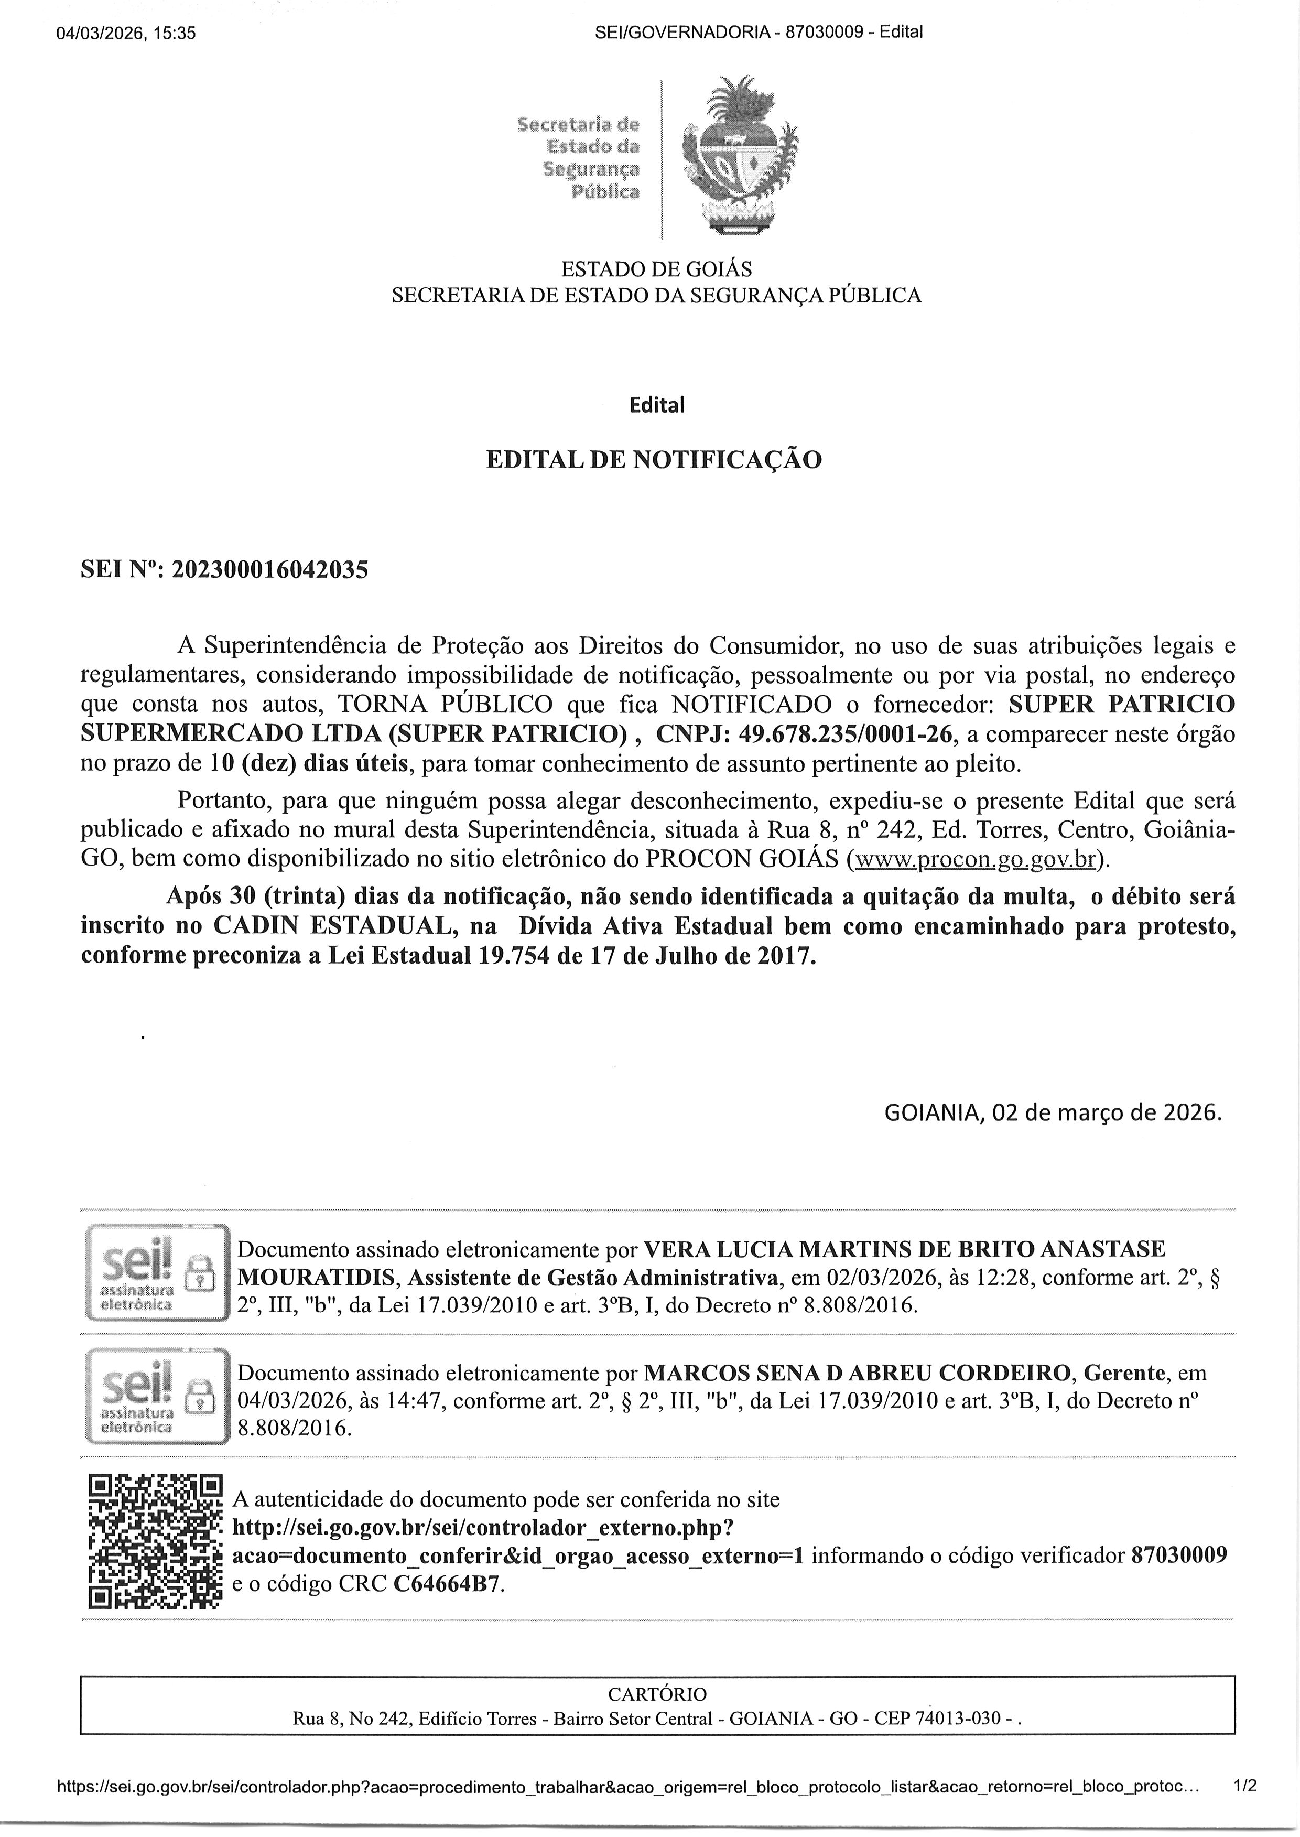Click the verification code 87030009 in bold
(1178, 1555)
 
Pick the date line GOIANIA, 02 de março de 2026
(1053, 1112)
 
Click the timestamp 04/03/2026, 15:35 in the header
(126, 33)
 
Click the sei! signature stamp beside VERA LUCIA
(156, 1273)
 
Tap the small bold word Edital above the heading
(656, 405)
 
